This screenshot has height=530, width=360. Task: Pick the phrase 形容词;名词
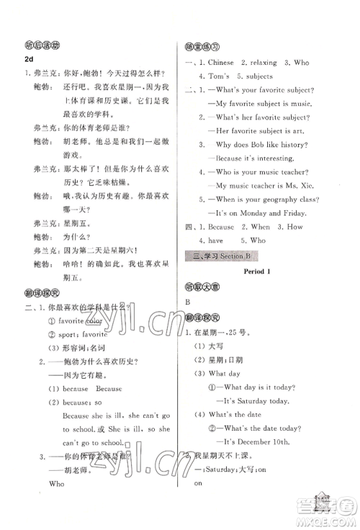tap(78, 348)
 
